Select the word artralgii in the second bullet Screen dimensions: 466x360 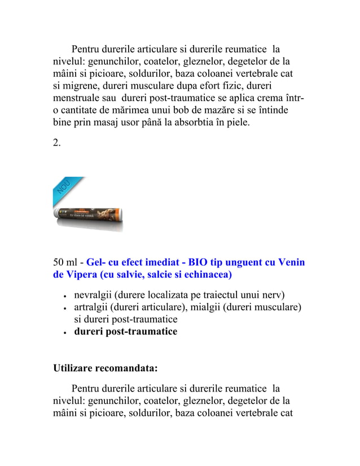coord(93,307)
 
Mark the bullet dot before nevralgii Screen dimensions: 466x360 coord(67,296)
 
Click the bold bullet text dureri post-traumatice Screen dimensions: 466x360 coord(126,331)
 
